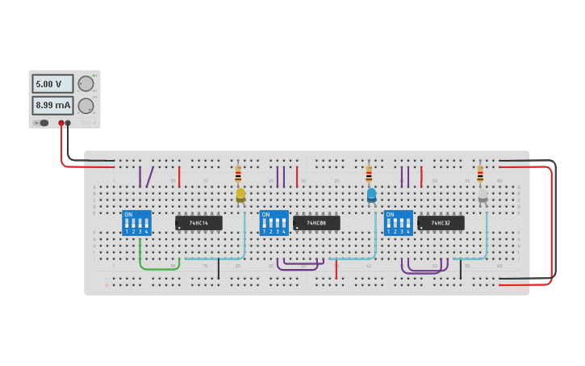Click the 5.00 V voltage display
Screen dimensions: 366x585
point(52,83)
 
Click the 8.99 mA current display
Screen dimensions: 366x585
point(52,105)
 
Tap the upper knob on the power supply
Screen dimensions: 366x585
point(86,83)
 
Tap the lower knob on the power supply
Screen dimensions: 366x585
point(86,105)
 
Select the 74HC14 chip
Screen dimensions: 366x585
point(198,222)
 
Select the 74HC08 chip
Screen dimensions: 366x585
point(316,222)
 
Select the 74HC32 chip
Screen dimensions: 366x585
point(441,222)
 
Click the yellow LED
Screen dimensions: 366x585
point(240,195)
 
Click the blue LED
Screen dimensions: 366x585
point(371,195)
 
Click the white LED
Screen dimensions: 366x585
point(483,195)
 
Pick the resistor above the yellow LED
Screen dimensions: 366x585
point(238,174)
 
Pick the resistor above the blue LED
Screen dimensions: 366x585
point(369,174)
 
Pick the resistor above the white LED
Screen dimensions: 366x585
point(480,174)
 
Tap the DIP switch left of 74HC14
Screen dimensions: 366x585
point(136,222)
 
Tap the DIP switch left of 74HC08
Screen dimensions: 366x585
point(274,222)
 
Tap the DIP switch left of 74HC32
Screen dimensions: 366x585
point(398,222)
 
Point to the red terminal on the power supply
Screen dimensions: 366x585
point(61,123)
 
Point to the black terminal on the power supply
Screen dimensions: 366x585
point(68,123)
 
